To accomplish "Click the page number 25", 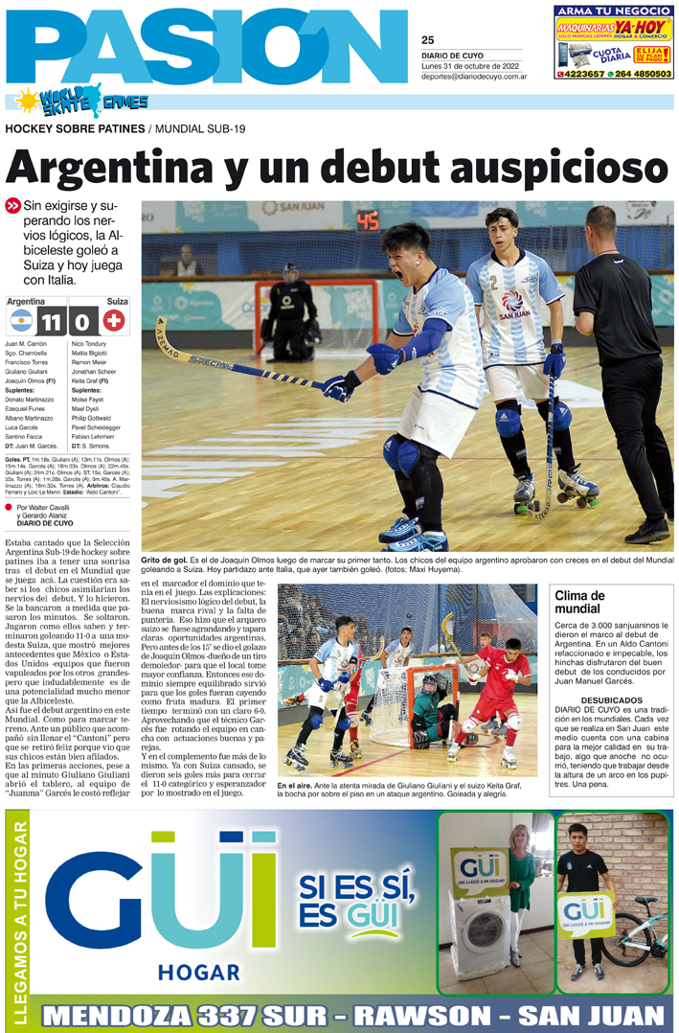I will tap(427, 40).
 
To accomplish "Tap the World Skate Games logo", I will tap(80, 101).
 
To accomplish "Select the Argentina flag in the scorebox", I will tap(21, 319).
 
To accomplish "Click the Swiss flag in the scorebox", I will tap(114, 319).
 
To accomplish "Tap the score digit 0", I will tap(81, 319).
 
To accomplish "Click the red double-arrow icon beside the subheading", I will tap(12, 205).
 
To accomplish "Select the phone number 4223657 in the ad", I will tap(580, 74).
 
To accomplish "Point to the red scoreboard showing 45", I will tap(368, 221).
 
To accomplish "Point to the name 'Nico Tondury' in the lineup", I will tap(89, 343).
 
